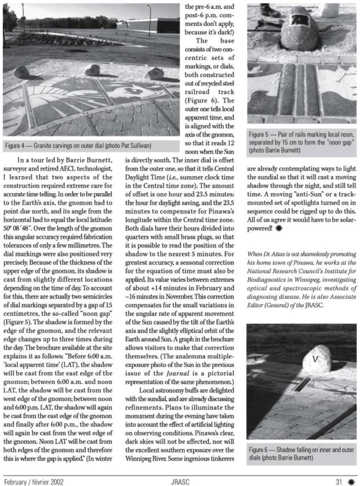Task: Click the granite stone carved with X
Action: (92, 70)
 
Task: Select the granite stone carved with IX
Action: (21, 72)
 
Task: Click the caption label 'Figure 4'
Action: (19, 145)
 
